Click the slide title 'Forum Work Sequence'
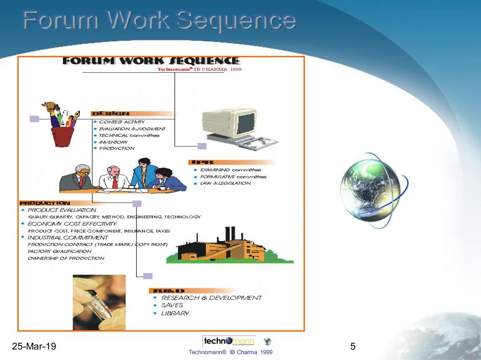(159, 21)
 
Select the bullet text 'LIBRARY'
(176, 313)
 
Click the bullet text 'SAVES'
(172, 306)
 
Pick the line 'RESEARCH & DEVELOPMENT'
(212, 298)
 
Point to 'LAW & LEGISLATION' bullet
(226, 183)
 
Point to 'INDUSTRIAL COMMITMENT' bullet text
(68, 238)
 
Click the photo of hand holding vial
(99, 302)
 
